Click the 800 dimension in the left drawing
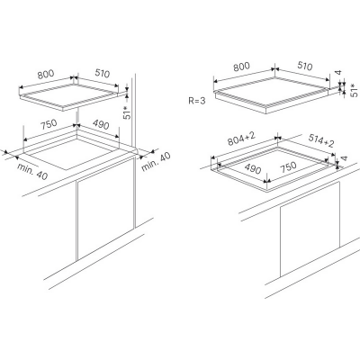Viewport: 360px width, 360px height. coord(46,74)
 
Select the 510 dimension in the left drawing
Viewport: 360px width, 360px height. coord(103,74)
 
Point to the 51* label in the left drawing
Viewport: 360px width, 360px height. coord(127,112)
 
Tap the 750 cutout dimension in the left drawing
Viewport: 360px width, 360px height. coord(48,124)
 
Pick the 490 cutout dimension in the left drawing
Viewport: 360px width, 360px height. coord(100,124)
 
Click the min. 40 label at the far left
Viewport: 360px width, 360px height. coord(32,172)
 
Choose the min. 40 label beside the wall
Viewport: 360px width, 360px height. coord(156,162)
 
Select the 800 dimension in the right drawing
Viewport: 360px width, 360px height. coord(241,67)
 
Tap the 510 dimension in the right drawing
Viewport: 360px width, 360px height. coord(304,67)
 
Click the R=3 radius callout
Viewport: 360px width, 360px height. coord(197,101)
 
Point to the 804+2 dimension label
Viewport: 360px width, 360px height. coord(241,139)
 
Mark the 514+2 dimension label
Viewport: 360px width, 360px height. coord(321,140)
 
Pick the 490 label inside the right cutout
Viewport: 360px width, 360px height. coord(252,169)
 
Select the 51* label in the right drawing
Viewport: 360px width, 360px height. coord(355,90)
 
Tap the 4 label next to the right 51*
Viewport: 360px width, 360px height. coord(338,72)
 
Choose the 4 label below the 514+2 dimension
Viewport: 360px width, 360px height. coord(345,158)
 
